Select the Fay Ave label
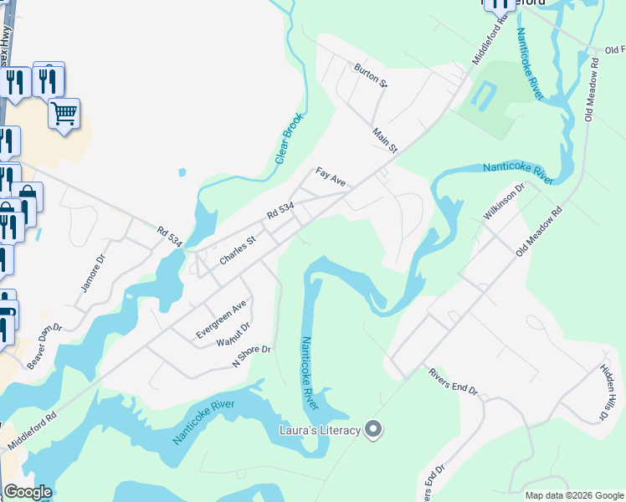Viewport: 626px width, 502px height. (x=331, y=177)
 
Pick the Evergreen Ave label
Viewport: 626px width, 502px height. (x=223, y=319)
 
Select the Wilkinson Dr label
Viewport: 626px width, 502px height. (x=503, y=202)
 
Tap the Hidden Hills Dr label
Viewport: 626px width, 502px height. (x=608, y=392)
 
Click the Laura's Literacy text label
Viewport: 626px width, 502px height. (x=319, y=430)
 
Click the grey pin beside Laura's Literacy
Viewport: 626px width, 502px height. (x=374, y=430)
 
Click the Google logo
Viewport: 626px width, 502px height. (x=28, y=492)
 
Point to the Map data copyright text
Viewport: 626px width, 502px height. (x=573, y=495)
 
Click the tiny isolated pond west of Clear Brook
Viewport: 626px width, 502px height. (x=182, y=173)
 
